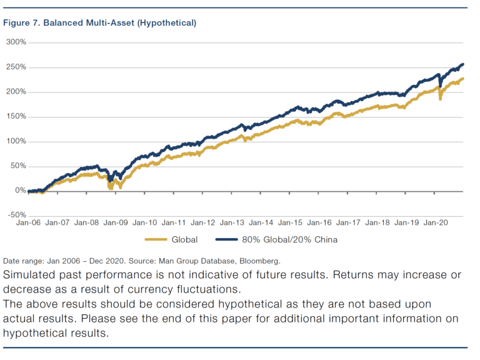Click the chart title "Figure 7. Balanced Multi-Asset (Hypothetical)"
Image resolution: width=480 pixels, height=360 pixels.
click(100, 23)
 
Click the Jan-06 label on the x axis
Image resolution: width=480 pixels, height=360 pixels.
click(29, 222)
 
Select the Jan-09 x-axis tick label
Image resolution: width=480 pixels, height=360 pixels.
click(116, 222)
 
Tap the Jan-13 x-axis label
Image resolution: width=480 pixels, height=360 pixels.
click(232, 222)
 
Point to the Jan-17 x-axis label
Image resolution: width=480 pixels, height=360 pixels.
click(347, 222)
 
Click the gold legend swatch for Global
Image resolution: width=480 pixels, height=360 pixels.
click(156, 239)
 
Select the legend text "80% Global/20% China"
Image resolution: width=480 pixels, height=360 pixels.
click(286, 239)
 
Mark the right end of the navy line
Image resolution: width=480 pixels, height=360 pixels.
click(462, 64)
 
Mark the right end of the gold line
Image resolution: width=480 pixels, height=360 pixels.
click(462, 79)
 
